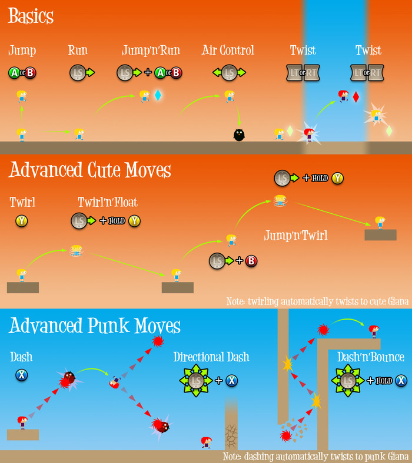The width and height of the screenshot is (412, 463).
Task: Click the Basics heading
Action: pyautogui.click(x=31, y=16)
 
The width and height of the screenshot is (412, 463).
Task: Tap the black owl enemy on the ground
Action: pyautogui.click(x=239, y=135)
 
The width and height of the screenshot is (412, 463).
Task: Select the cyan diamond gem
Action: pyautogui.click(x=158, y=95)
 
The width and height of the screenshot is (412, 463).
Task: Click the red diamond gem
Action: pyautogui.click(x=355, y=96)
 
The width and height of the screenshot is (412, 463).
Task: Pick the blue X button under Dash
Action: pyautogui.click(x=22, y=374)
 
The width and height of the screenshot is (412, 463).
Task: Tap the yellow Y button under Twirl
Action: pyautogui.click(x=22, y=221)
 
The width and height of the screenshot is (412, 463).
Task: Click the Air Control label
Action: pyautogui.click(x=228, y=50)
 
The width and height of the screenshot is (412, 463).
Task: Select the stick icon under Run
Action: pyautogui.click(x=77, y=73)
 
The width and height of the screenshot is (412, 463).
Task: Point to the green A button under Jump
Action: pyautogui.click(x=14, y=73)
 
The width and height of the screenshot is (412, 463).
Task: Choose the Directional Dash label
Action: pyautogui.click(x=211, y=357)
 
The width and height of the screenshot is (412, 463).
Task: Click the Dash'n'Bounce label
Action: pyautogui.click(x=371, y=357)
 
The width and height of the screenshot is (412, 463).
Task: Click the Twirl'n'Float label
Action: pyautogui.click(x=108, y=203)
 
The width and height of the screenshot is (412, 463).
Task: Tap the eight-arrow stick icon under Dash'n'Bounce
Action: pyautogui.click(x=348, y=381)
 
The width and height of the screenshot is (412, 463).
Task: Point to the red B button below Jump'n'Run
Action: pyautogui.click(x=175, y=73)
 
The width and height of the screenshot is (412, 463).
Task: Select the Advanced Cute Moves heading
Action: pyautogui.click(x=90, y=170)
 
